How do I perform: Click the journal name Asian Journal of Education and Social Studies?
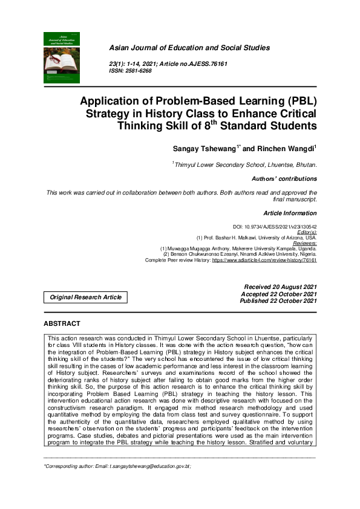pos(189,48)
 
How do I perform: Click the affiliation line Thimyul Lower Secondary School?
pos(245,164)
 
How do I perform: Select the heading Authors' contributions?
pos(284,179)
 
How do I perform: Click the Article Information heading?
pos(290,213)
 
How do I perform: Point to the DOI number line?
pos(275,226)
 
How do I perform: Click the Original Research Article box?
pos(85,297)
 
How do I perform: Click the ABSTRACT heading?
pos(62,324)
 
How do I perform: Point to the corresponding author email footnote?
pos(118,467)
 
